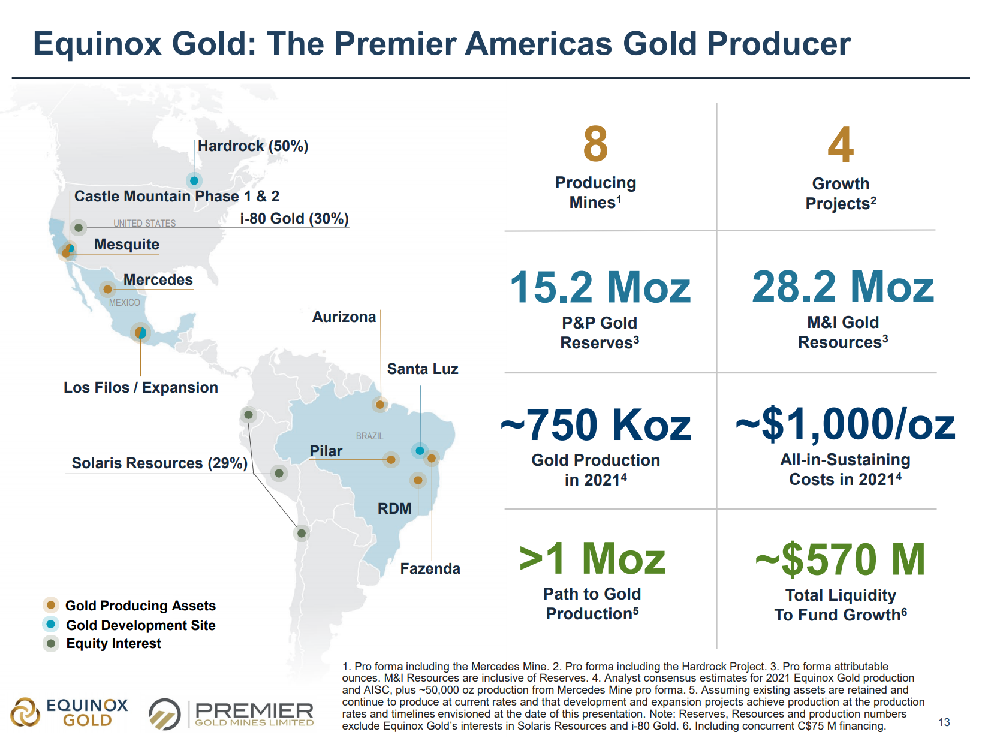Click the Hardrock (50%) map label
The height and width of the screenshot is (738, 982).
[252, 146]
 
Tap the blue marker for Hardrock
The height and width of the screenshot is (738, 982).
[194, 180]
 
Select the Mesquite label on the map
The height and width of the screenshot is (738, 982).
[126, 245]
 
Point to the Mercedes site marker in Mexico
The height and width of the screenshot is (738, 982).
[107, 290]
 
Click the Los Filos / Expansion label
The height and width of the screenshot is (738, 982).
[141, 388]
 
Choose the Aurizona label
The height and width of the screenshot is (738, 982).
[344, 317]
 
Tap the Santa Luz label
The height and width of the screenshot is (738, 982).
[423, 369]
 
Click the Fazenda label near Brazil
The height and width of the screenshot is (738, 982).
[430, 569]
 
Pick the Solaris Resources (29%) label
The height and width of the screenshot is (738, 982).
[159, 463]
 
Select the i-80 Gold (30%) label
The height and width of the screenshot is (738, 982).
[294, 219]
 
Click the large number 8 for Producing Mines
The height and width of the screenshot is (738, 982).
[595, 144]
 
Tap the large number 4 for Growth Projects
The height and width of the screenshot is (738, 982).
[841, 145]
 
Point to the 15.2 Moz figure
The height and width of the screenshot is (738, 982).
[600, 287]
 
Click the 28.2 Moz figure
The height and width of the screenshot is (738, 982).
[843, 287]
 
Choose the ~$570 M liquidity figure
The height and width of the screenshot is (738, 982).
[841, 559]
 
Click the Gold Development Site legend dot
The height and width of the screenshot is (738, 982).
[51, 625]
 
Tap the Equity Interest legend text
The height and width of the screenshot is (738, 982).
[113, 644]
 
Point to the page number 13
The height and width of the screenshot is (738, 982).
[944, 722]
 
